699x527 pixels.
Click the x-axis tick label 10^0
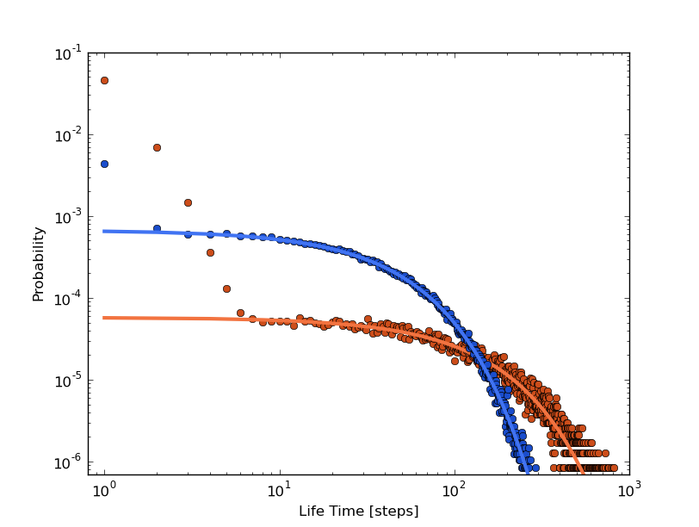pyautogui.click(x=104, y=490)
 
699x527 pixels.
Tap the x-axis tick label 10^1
pyautogui.click(x=279, y=490)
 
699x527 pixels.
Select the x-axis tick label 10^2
pyautogui.click(x=454, y=490)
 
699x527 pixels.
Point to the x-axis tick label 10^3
pyautogui.click(x=628, y=490)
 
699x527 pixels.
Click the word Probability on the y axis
pyautogui.click(x=39, y=263)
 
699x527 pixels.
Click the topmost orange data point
pyautogui.click(x=104, y=80)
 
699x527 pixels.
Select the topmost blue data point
pyautogui.click(x=104, y=164)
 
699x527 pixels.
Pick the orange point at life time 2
pyautogui.click(x=157, y=147)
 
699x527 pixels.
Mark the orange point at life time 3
pyautogui.click(x=188, y=202)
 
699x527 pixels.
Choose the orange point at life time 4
pyautogui.click(x=210, y=252)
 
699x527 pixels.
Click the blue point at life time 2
pyautogui.click(x=157, y=228)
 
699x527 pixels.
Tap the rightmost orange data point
pyautogui.click(x=614, y=468)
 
